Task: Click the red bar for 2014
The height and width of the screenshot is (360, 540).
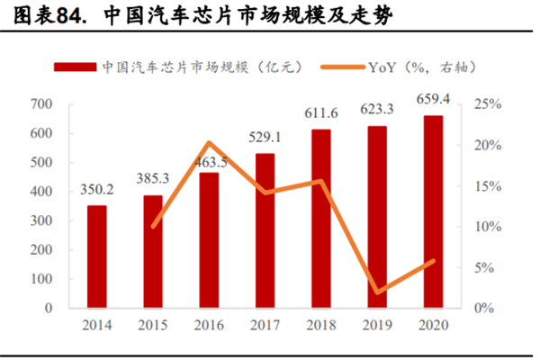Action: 96,256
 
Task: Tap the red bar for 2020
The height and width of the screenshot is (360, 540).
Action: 433,211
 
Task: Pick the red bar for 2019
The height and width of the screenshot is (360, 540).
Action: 377,217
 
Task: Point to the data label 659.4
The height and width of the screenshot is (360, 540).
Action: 433,101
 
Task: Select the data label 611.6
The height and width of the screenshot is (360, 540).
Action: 321,114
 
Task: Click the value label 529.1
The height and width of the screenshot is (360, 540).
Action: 265,138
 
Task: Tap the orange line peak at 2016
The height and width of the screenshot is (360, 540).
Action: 209,142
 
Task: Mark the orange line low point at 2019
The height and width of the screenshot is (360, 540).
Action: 377,292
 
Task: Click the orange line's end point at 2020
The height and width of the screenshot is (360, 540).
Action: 433,261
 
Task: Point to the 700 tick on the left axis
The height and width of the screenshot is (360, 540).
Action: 41,104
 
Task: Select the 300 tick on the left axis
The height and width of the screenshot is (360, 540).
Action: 41,220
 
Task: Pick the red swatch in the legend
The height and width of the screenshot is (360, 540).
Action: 76,67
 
